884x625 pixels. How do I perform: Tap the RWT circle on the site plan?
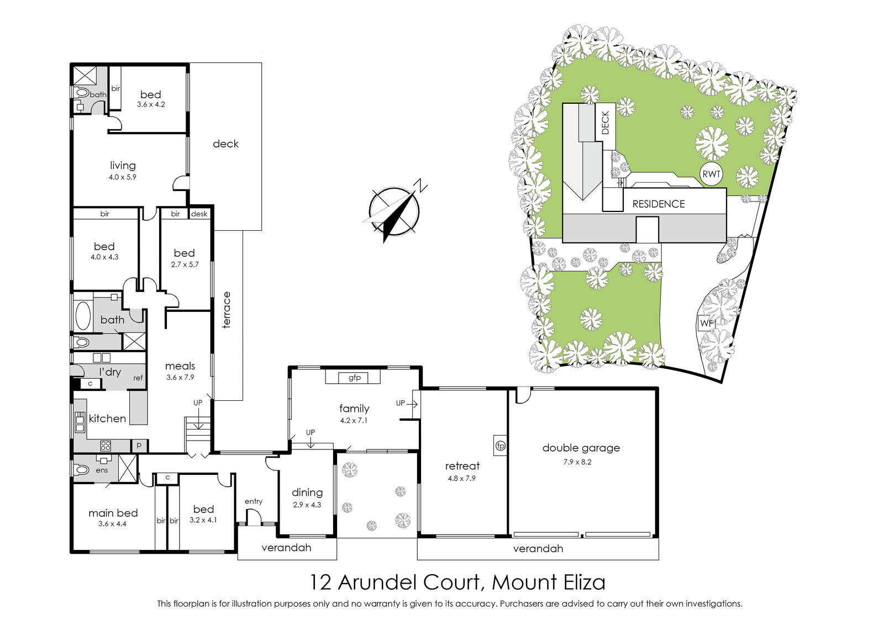[711, 174]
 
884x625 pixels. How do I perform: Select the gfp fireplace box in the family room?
[354, 377]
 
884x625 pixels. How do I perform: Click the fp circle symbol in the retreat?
[501, 446]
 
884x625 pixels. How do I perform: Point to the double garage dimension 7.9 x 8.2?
[577, 462]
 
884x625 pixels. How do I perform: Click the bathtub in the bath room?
[83, 315]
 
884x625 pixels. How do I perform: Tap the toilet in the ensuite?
[81, 470]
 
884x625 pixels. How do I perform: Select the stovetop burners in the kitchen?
[106, 446]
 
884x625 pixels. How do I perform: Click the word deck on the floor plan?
[226, 144]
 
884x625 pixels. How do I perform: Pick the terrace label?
[226, 310]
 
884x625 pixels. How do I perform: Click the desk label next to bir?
[199, 214]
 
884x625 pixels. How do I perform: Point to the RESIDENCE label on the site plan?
[659, 204]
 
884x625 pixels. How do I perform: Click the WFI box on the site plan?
[707, 324]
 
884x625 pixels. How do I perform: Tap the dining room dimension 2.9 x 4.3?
[307, 505]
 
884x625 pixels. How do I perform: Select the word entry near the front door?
[254, 501]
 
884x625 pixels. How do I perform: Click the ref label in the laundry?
[138, 378]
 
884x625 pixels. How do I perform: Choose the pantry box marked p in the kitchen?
[139, 446]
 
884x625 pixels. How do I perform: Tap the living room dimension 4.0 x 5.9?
[123, 177]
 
